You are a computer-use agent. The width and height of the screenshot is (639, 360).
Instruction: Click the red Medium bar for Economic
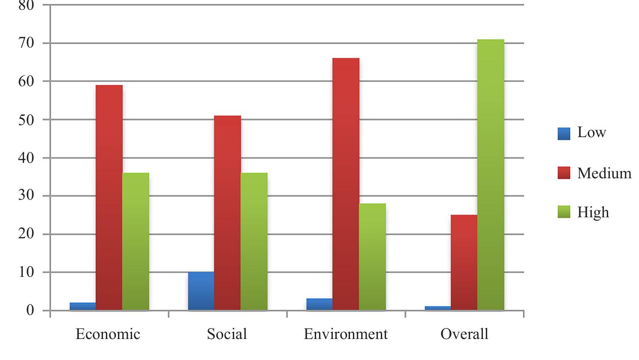(x=109, y=197)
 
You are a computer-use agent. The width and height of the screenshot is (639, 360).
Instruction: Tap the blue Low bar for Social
(x=201, y=291)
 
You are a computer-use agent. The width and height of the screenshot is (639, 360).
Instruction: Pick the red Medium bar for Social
(x=227, y=213)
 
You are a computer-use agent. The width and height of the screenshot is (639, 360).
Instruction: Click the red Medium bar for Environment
(x=346, y=184)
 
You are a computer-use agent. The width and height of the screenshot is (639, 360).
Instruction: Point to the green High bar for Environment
(x=372, y=257)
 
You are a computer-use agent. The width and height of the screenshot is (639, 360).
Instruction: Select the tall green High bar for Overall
(x=491, y=174)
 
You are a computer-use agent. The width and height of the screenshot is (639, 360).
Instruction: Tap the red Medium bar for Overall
(x=464, y=262)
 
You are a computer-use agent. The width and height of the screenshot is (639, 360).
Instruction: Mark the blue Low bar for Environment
(x=319, y=304)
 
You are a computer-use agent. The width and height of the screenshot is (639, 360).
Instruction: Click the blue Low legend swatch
(x=564, y=134)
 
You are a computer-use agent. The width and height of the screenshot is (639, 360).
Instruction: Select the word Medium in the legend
(x=604, y=173)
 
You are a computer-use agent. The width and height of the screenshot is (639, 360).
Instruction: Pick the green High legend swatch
(x=564, y=212)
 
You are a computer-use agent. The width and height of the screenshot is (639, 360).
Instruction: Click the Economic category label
(x=108, y=334)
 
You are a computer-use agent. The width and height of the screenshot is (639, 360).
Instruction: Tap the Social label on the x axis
(x=226, y=334)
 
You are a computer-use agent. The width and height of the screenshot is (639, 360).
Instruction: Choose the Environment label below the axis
(x=346, y=334)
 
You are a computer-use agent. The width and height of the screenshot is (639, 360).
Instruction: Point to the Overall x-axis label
(x=464, y=334)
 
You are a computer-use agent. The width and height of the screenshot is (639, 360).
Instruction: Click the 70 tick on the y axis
(x=26, y=43)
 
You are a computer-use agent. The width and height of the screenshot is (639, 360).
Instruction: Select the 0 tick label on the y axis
(x=30, y=310)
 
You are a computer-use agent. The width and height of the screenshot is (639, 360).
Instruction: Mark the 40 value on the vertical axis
(x=26, y=158)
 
